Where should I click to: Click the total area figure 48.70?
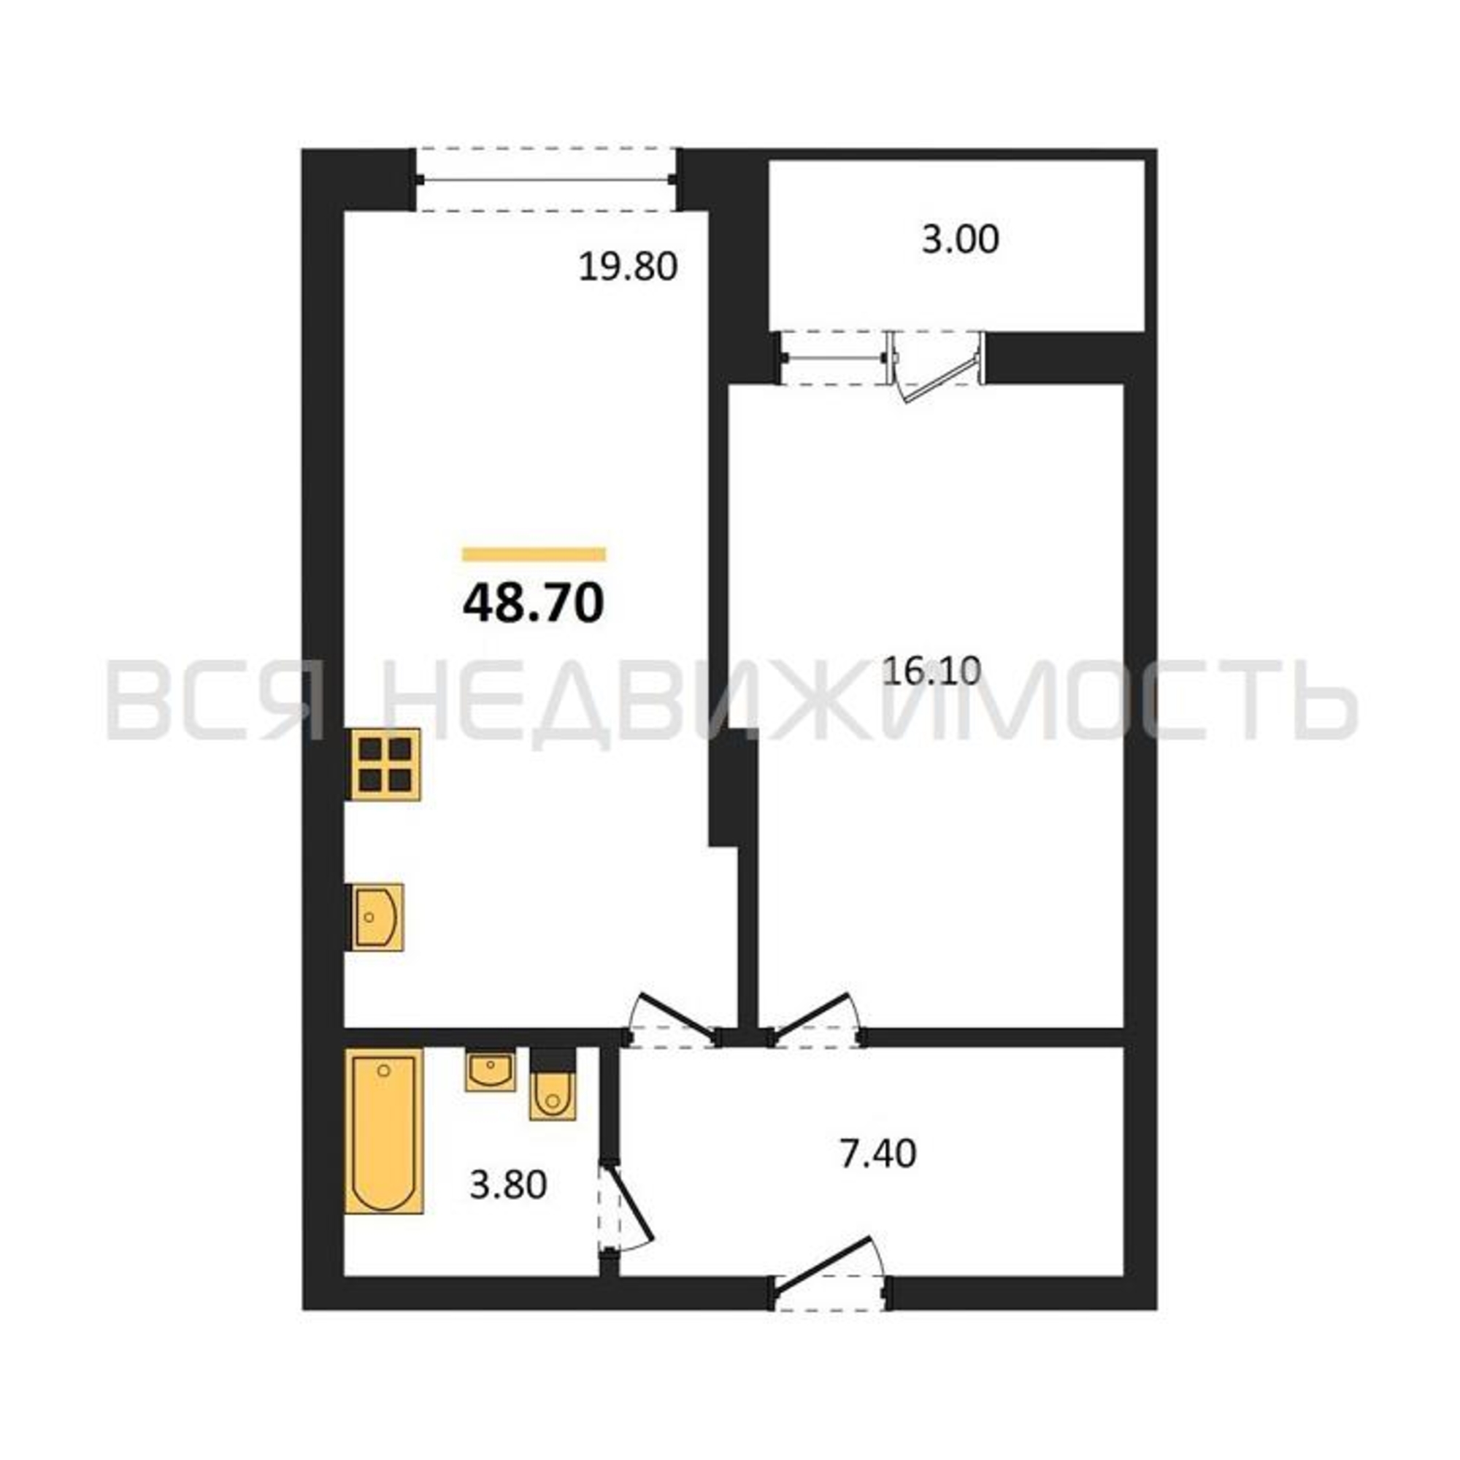534,604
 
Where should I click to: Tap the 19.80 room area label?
628,266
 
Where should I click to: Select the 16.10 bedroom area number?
931,670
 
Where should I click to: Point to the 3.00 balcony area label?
960,239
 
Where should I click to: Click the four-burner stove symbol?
385,764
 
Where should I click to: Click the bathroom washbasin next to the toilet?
491,1072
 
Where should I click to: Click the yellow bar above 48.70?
534,554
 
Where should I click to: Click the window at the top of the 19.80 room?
545,179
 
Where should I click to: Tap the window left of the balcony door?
835,358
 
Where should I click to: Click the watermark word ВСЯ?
216,699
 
